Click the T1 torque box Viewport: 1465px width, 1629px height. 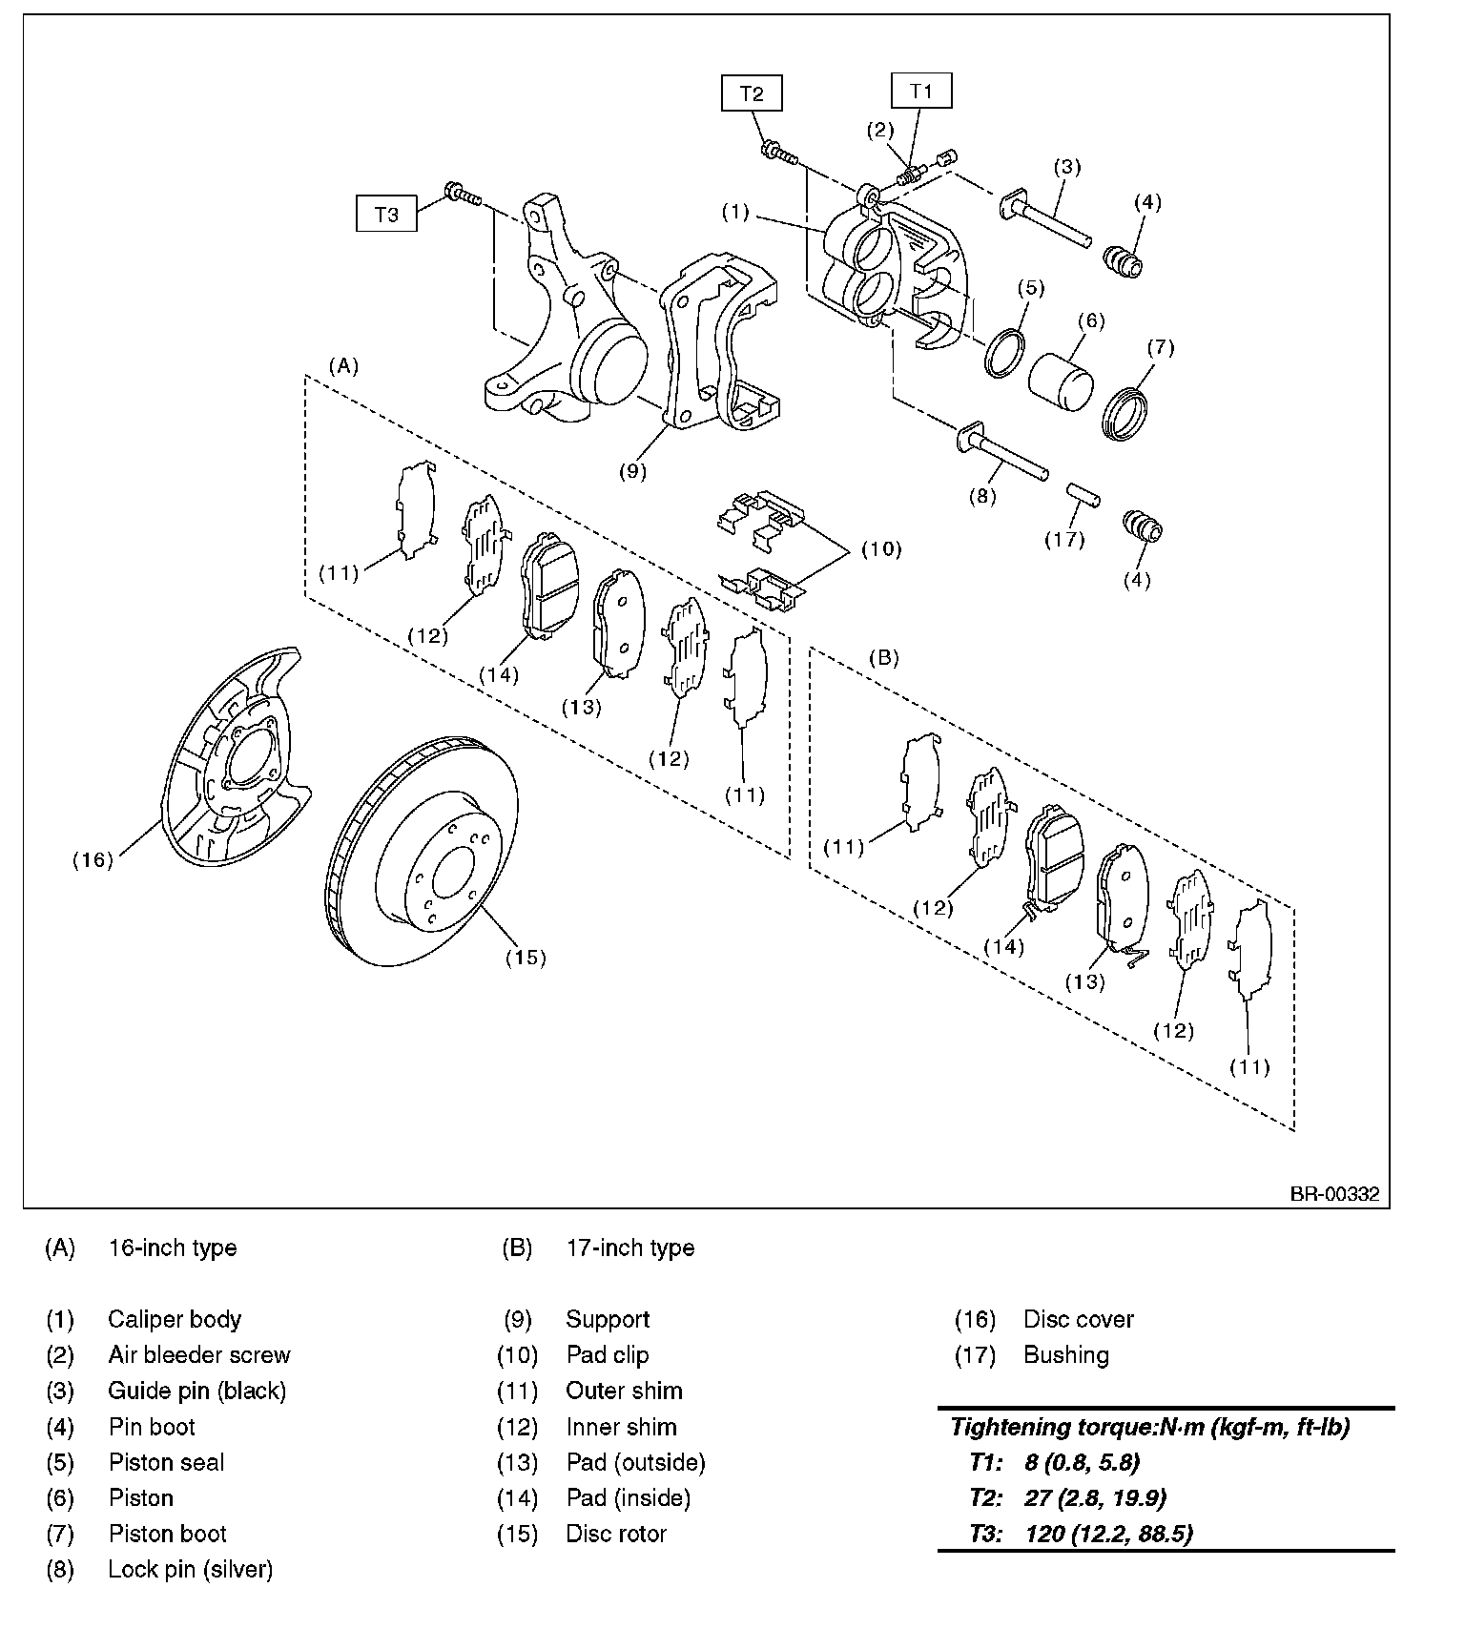coord(920,92)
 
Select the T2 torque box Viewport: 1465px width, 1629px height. coord(752,93)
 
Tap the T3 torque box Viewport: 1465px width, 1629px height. coord(386,214)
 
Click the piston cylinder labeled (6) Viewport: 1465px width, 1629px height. coord(1061,381)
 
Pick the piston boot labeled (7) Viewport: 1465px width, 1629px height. coord(1126,414)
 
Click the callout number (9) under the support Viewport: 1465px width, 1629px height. coord(632,470)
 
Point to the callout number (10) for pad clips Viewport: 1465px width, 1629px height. coord(881,549)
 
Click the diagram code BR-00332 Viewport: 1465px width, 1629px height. coord(1335,1193)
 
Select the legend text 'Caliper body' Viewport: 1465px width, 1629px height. coord(175,1319)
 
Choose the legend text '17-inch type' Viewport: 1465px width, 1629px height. coord(630,1248)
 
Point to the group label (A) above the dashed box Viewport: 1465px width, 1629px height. coord(343,365)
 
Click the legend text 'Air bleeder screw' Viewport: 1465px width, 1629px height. coord(199,1354)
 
